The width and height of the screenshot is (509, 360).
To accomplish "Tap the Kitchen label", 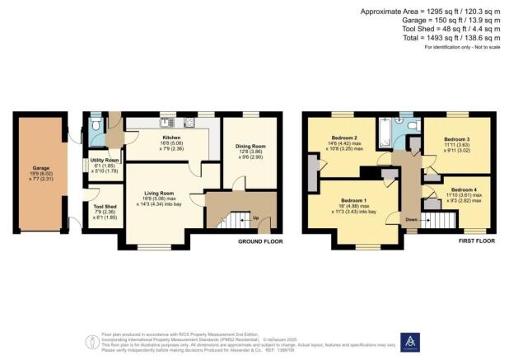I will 171,138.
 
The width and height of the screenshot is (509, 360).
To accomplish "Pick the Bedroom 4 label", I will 463,189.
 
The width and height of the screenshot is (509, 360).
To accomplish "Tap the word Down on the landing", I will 411,220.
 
